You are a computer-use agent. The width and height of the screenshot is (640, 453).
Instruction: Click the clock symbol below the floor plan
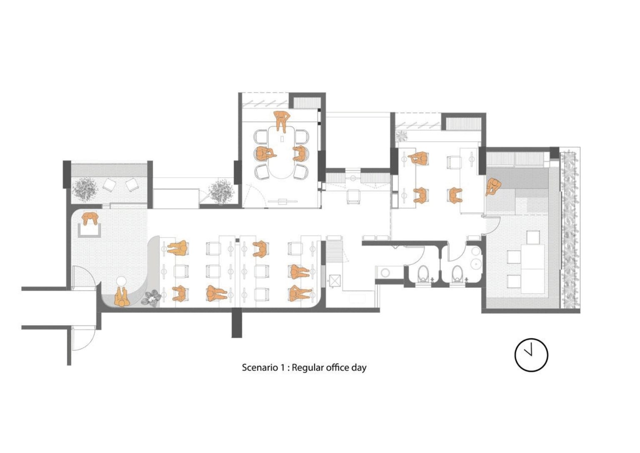[531, 355]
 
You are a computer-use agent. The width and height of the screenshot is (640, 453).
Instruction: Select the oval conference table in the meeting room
[281, 152]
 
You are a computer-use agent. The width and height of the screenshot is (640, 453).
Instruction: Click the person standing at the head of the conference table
[282, 121]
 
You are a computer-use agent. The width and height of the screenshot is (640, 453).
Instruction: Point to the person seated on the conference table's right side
[300, 153]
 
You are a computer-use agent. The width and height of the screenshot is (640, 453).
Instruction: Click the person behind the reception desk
[90, 218]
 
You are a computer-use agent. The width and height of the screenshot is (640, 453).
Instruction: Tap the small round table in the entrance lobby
[121, 281]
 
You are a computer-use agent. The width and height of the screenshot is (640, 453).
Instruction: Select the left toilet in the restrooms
[422, 274]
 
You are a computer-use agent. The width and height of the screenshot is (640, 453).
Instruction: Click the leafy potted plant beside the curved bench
[151, 298]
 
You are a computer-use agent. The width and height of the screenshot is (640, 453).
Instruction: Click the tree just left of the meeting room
[221, 191]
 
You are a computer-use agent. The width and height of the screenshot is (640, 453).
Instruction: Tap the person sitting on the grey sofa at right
[493, 186]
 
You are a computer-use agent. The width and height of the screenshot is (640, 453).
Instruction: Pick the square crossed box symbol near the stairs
[334, 280]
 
